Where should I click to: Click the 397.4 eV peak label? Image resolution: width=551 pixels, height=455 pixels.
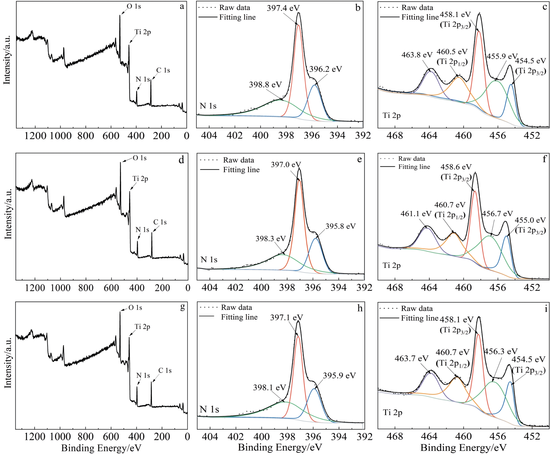tap(283, 8)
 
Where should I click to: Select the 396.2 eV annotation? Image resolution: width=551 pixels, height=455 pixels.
tap(326, 69)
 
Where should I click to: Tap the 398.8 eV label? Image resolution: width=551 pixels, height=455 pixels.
tap(265, 85)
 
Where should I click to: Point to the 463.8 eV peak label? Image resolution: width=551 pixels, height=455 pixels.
tap(417, 55)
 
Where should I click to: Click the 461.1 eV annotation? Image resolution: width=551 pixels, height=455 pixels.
tap(416, 214)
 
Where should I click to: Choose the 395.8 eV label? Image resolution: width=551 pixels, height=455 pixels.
tap(340, 226)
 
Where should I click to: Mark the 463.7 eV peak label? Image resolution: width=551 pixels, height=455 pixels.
tap(411, 358)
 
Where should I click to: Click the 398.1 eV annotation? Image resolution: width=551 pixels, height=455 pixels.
tap(270, 387)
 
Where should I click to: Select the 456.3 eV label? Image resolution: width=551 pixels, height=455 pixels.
tap(501, 351)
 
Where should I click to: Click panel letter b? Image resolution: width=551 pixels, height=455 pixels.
tap(358, 8)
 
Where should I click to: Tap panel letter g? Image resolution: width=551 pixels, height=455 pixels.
tap(182, 307)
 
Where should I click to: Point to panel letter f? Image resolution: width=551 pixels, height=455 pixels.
tap(544, 159)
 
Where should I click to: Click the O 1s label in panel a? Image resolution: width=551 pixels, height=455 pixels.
tap(134, 6)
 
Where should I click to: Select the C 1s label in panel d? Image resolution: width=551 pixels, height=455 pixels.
tap(160, 222)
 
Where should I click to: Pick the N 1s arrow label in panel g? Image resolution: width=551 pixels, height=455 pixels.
tap(143, 375)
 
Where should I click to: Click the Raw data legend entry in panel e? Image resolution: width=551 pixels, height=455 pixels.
tap(238, 160)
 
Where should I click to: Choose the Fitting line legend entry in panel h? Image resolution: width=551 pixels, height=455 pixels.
tap(239, 317)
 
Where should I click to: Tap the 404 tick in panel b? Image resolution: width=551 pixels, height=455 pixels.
tap(209, 135)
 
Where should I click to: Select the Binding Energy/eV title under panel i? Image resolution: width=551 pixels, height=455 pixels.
tap(463, 448)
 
